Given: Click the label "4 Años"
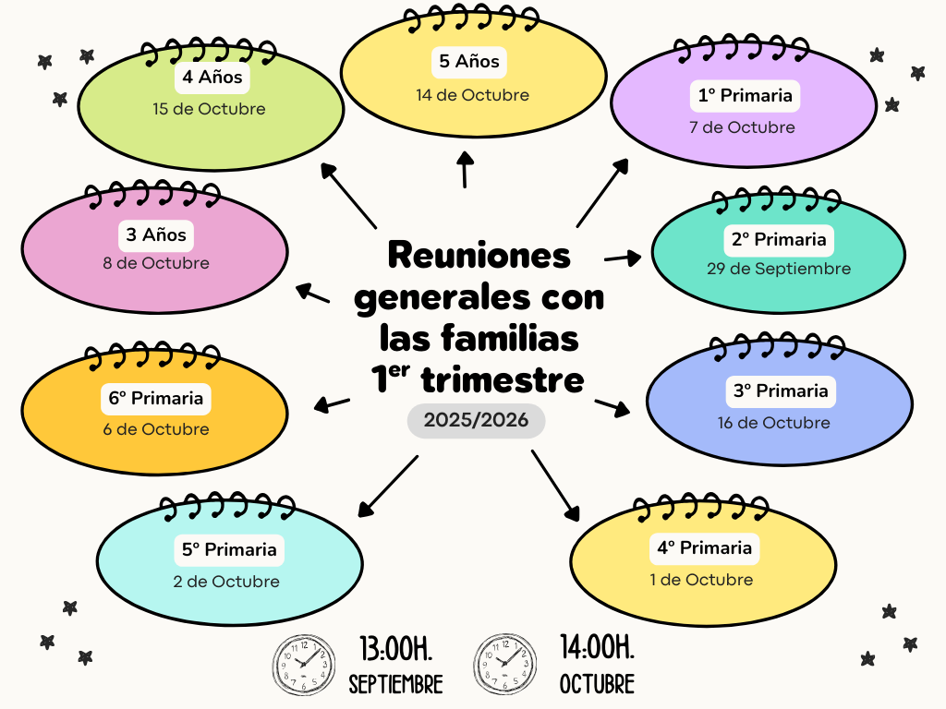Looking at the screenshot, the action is coord(212,78).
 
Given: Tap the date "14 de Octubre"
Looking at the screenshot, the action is coord(472,95).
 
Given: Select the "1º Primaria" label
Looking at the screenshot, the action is coord(746,95).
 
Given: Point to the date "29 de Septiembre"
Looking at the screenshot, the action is coord(779,269).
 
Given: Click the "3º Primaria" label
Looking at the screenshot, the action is coord(781,391).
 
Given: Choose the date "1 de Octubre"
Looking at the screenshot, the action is coord(701,580).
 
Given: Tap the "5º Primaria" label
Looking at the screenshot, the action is coord(229,550).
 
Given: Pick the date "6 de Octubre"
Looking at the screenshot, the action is coord(156,429).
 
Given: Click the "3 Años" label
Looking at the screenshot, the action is coord(156,234).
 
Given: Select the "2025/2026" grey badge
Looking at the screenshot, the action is coord(476,420).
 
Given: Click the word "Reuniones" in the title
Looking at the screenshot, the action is coord(479,255).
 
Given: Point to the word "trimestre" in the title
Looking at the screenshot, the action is coord(503,379).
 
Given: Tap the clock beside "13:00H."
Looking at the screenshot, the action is coord(303,665).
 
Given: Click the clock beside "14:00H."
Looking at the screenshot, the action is coord(505,664).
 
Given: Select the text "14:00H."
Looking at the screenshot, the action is coord(598,647).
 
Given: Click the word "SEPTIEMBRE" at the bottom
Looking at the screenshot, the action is coord(395,684).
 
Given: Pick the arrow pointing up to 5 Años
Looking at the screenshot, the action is coord(465,170).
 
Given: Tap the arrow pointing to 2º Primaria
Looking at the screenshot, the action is coord(623,258).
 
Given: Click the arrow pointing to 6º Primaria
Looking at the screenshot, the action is coord(332,404).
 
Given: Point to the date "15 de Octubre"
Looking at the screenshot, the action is coord(209,109).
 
